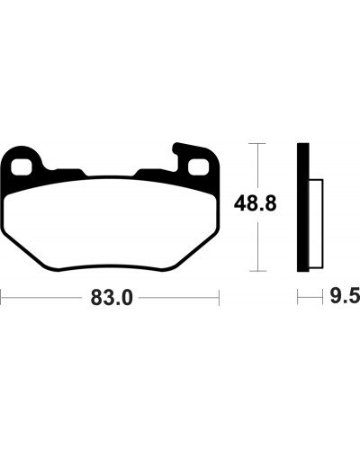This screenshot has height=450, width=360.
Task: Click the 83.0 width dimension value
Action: click(x=112, y=298)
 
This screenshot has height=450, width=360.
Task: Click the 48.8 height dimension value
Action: click(x=255, y=203)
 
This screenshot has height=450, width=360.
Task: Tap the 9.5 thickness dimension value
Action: click(x=345, y=297)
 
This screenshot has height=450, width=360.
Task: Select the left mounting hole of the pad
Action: click(x=22, y=166)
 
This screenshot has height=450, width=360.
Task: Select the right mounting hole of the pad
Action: click(x=198, y=166)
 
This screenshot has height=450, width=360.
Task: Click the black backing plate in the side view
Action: click(x=303, y=207)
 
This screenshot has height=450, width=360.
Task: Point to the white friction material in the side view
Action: click(x=316, y=223)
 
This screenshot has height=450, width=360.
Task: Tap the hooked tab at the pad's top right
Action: click(x=180, y=151)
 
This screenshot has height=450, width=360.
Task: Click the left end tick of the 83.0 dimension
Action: click(x=1, y=298)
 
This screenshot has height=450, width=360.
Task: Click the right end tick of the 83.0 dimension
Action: click(x=220, y=298)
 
